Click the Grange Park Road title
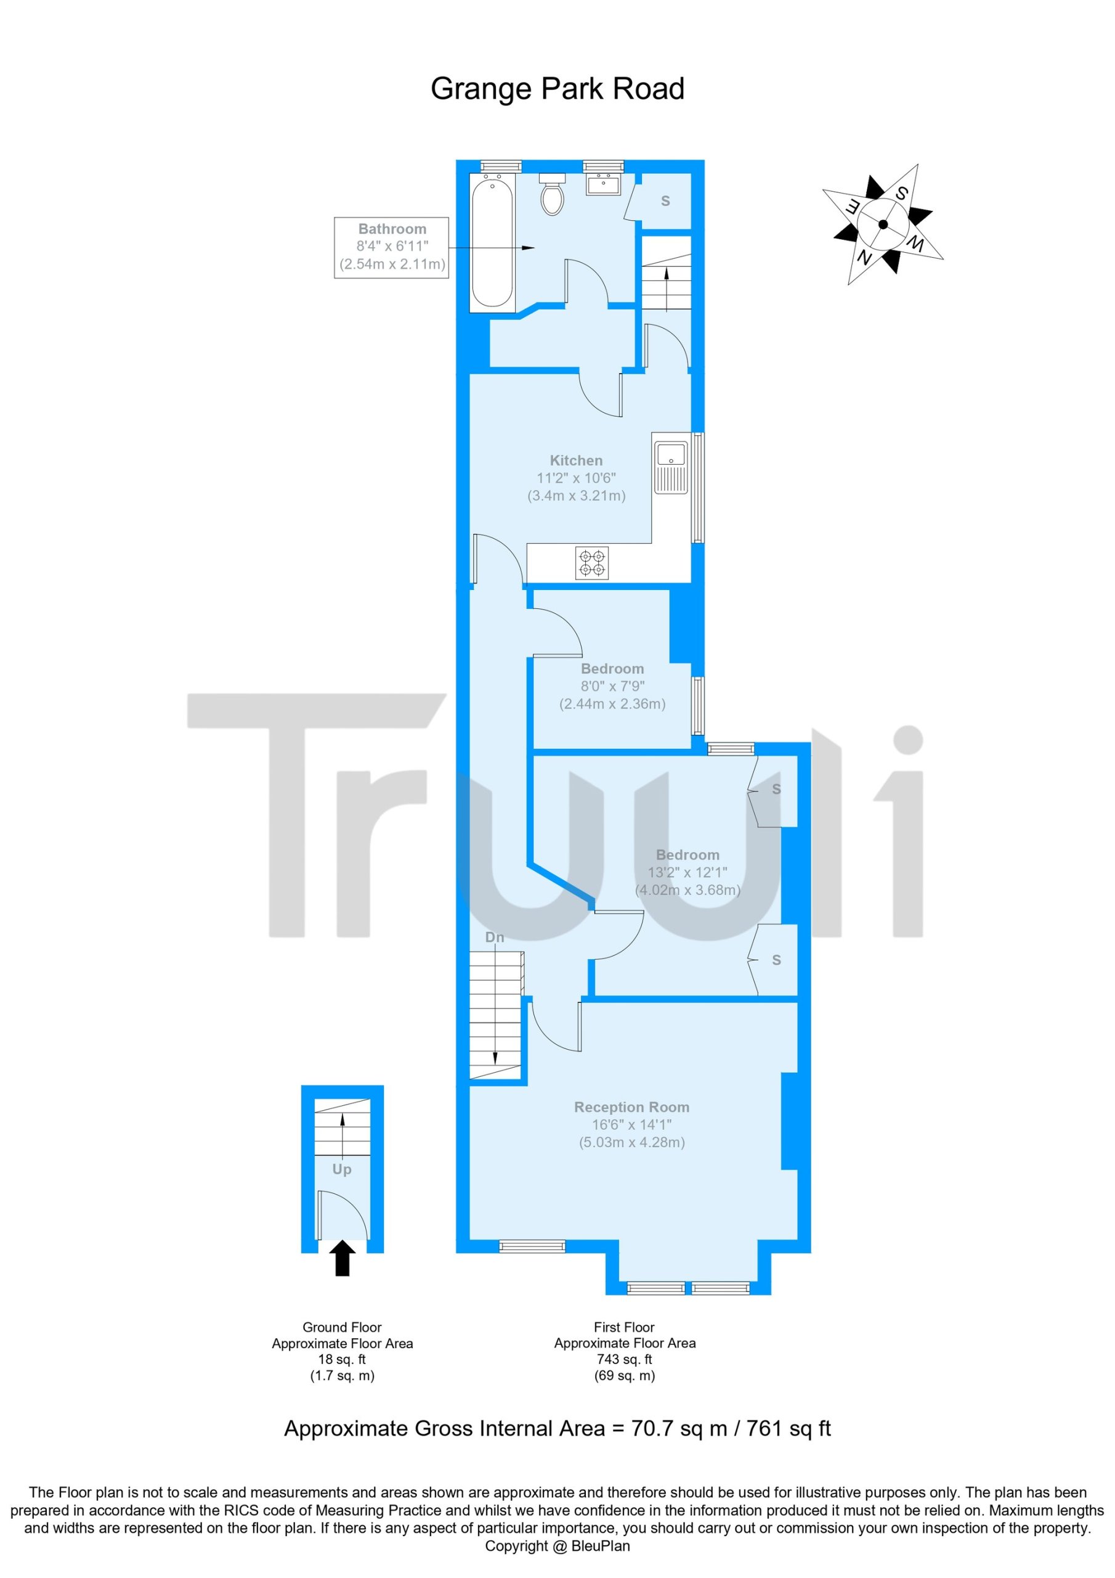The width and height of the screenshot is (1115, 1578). pos(557,89)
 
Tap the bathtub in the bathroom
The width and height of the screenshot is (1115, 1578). pos(492,242)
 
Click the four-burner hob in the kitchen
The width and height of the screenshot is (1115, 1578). pos(591,563)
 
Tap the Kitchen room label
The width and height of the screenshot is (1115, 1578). pos(576,460)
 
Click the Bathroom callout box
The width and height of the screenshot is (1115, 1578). pos(392,247)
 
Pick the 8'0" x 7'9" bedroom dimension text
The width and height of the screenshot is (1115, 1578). pos(612,686)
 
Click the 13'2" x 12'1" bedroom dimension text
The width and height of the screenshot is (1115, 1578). pos(687,872)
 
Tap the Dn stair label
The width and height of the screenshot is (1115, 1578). pos(495,938)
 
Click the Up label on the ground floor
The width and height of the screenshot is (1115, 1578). pos(342,1169)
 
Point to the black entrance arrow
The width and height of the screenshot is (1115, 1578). pos(343,1259)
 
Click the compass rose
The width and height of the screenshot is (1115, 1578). pos(883,224)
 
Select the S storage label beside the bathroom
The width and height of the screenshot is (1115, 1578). pos(665,202)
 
